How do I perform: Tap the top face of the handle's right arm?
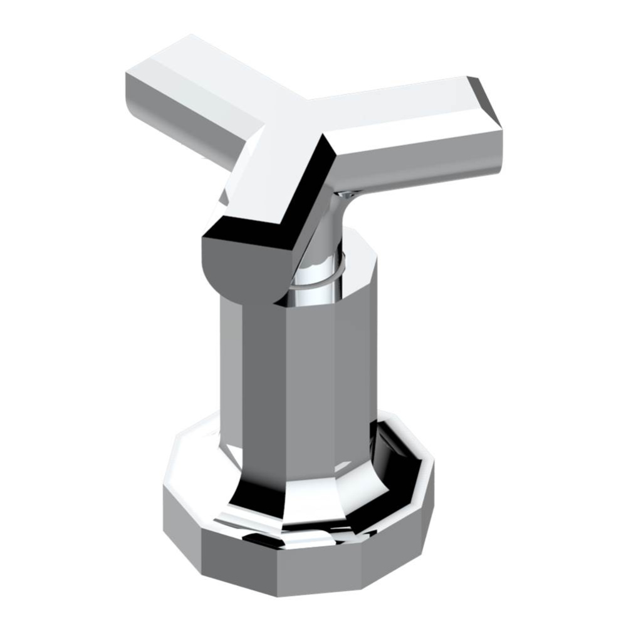(x=401, y=119)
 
